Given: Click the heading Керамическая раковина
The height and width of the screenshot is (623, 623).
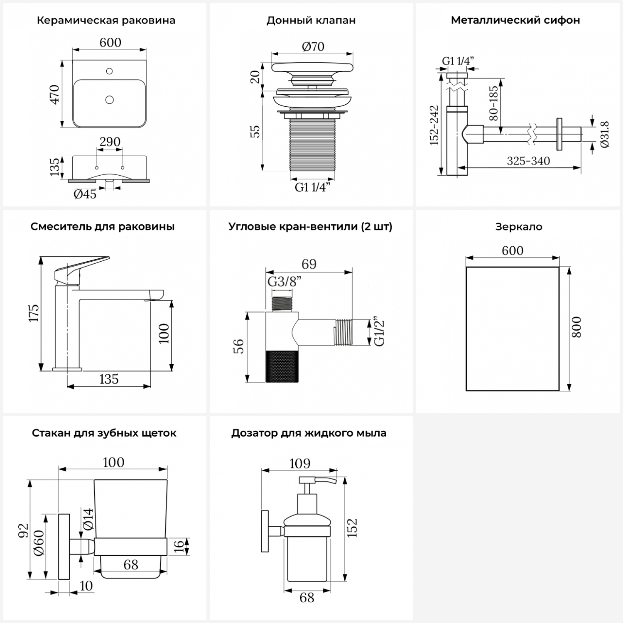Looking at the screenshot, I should click(106, 20).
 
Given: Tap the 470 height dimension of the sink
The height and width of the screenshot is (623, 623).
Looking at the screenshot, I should click(55, 94).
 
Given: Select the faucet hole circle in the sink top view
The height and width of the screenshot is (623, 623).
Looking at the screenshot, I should click(110, 71).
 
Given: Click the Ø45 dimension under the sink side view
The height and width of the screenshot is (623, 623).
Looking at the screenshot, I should click(85, 194).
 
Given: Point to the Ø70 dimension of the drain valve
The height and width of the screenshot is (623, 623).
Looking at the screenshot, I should click(313, 47).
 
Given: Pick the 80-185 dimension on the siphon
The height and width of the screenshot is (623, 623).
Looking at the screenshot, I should click(493, 103).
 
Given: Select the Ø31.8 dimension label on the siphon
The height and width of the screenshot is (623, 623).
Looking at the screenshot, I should click(605, 134).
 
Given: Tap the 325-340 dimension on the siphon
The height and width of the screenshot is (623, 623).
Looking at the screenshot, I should click(528, 161).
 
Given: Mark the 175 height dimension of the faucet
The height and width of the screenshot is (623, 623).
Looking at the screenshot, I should click(34, 313).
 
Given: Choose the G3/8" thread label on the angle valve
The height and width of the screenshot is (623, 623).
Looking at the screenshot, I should click(284, 282).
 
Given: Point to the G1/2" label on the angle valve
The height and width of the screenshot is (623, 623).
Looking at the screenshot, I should click(380, 332).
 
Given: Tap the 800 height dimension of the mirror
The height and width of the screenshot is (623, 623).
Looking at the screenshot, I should click(576, 327).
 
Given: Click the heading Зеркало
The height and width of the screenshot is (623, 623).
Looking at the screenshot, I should click(519, 227).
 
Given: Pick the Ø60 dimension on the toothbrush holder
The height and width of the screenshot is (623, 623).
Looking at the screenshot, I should click(39, 544).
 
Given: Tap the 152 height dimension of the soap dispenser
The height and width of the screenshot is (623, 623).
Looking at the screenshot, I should click(352, 528).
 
